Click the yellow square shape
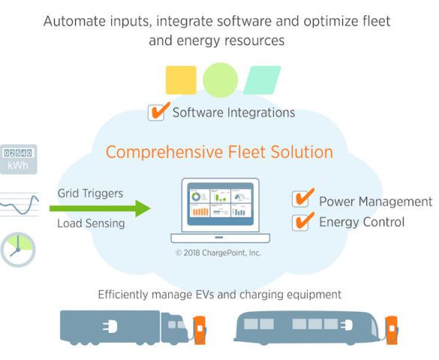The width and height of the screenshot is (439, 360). pos(181,80)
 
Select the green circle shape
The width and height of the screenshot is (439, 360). pos(221,80)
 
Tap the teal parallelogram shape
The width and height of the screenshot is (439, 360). pos(262,80)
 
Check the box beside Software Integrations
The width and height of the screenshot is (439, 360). pos(156,112)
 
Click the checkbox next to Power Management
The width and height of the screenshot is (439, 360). pos(300,199)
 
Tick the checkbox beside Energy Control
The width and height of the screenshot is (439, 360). pos(300,223)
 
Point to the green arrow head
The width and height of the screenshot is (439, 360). pos(143,208)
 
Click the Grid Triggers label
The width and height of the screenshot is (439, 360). pos(91,193)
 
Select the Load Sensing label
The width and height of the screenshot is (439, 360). pos(92,223)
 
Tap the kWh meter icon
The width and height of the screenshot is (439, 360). pos(19,160)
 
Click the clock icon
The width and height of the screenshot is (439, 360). pos(18,250)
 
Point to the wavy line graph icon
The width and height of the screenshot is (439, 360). pos(20,205)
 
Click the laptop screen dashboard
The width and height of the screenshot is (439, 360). pos(221,204)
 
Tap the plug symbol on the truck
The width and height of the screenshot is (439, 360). pos(110,326)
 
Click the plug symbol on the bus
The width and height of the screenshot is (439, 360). pos(347,325)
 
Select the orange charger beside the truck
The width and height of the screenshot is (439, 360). pos(200,330)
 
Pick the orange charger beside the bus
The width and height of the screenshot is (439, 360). pos(392,330)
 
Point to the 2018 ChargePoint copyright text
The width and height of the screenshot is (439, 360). pos(218,253)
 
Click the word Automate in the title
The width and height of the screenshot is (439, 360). pos(75,21)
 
